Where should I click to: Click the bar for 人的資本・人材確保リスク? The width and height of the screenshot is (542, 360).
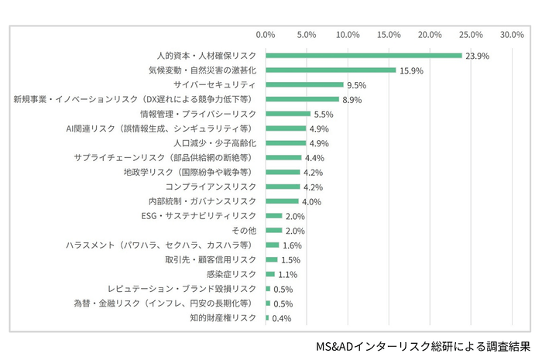coord(363,56)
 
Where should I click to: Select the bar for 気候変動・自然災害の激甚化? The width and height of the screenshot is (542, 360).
coord(331,70)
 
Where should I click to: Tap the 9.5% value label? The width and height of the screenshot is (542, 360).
coord(357,85)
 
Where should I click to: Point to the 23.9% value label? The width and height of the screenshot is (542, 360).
coord(477,56)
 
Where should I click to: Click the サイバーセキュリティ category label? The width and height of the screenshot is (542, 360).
coord(215,84)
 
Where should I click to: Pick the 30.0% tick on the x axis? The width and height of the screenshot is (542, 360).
coord(512,35)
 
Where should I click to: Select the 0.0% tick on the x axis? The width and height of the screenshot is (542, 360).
coord(266,35)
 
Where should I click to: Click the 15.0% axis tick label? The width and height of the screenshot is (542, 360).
coord(389,35)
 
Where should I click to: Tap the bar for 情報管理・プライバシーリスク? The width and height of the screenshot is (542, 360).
coord(288,114)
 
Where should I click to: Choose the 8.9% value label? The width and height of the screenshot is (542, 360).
coord(352,100)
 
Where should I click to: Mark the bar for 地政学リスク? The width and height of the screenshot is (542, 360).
coord(283,172)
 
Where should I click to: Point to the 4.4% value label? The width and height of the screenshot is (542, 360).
coord(315,158)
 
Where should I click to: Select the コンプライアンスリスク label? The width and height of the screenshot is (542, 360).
coord(211,187)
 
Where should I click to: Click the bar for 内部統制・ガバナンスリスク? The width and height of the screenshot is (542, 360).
coord(282,201)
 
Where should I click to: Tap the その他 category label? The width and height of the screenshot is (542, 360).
coord(244,230)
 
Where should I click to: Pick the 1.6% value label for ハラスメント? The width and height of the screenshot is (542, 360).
coord(292,245)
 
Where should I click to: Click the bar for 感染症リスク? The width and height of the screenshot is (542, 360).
coord(270,274)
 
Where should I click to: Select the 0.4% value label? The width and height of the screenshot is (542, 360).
coord(282,318)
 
